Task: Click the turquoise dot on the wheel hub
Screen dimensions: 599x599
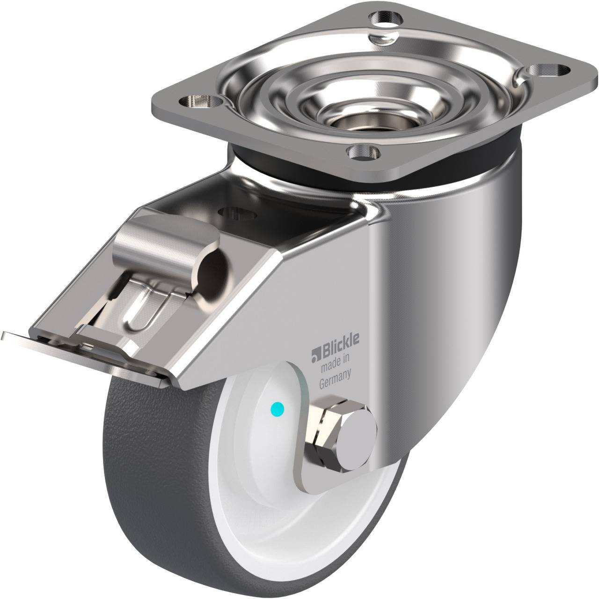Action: [278, 408]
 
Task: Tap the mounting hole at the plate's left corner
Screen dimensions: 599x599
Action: [201, 102]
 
